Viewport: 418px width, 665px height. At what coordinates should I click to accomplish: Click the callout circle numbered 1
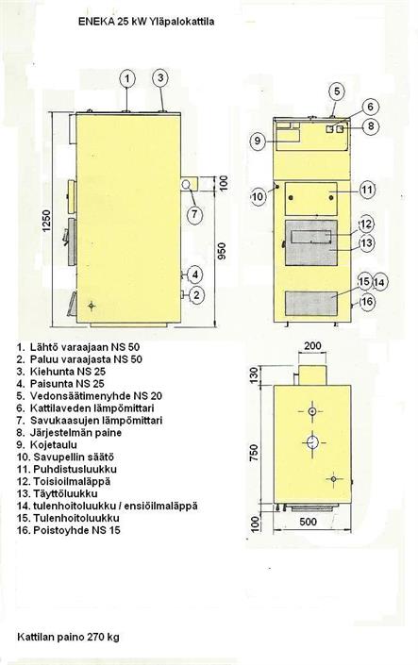[x=127, y=78]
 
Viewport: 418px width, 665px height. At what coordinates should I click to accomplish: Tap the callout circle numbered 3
[x=160, y=77]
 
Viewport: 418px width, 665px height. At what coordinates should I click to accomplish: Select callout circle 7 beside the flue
[x=194, y=214]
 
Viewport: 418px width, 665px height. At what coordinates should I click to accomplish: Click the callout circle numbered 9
[x=258, y=141]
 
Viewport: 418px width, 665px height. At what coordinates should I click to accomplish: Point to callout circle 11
[x=367, y=190]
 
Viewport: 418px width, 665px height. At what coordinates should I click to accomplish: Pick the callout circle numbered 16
[x=367, y=302]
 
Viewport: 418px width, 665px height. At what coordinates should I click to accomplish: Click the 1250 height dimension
[x=46, y=221]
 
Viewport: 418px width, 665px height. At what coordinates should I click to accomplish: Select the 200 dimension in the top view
[x=313, y=345]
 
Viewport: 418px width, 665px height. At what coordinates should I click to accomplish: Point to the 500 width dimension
[x=309, y=521]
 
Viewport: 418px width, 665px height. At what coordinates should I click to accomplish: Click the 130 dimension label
[x=253, y=374]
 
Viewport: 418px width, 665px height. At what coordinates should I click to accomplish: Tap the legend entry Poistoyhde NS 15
[x=68, y=530]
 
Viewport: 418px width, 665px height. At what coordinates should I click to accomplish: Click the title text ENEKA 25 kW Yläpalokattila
[x=146, y=22]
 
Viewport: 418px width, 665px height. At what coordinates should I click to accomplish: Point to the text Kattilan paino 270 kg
[x=68, y=638]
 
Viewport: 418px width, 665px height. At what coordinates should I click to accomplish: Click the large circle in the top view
[x=312, y=442]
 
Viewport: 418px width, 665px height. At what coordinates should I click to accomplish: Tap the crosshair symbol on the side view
[x=92, y=305]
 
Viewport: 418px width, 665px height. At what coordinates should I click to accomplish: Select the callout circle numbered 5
[x=337, y=91]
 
